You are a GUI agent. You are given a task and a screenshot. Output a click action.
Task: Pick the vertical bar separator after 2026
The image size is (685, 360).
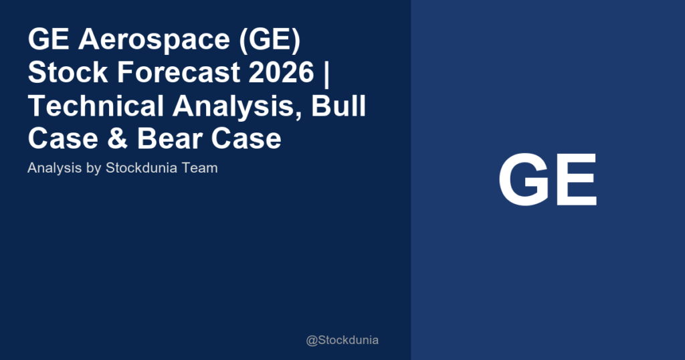pyautogui.click(x=328, y=74)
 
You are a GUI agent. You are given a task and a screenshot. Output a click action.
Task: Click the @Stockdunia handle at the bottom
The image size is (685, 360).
pyautogui.click(x=342, y=341)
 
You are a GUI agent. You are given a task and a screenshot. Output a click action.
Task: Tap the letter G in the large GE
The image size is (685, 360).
pyautogui.click(x=522, y=181)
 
